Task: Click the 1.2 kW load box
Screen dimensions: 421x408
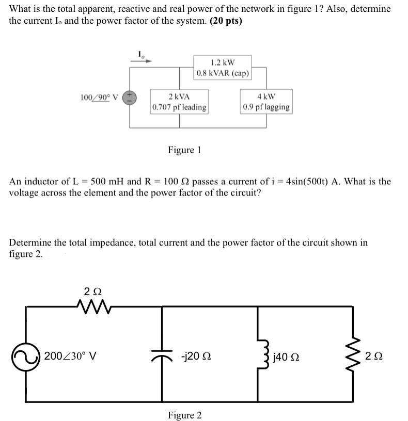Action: [223, 68]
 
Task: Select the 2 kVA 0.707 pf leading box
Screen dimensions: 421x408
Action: [179, 102]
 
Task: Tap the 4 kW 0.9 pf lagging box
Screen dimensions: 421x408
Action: [266, 102]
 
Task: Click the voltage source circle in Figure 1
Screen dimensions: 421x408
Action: [129, 98]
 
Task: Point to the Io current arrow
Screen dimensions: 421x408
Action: [144, 59]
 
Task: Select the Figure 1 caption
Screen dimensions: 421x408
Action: [184, 150]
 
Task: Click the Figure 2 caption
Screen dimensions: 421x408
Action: [184, 415]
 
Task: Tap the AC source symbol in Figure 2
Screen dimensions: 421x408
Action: [26, 357]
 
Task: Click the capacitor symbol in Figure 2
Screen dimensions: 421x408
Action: [162, 357]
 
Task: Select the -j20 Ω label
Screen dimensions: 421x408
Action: [196, 357]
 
